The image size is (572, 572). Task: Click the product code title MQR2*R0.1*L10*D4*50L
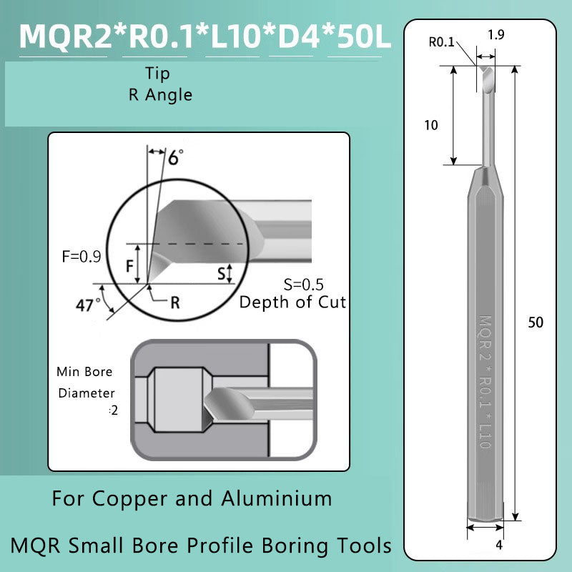click(206, 36)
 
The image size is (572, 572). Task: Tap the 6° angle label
click(174, 157)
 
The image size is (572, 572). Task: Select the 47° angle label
click(88, 305)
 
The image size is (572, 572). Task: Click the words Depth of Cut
click(292, 302)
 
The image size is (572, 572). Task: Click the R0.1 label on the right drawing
click(441, 42)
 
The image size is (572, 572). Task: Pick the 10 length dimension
click(430, 125)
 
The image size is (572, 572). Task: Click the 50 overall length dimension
click(535, 322)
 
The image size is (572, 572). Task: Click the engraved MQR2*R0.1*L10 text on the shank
click(484, 383)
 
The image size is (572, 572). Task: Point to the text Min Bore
click(84, 372)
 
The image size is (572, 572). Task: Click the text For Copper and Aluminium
click(192, 498)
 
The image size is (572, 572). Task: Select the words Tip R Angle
click(160, 84)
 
